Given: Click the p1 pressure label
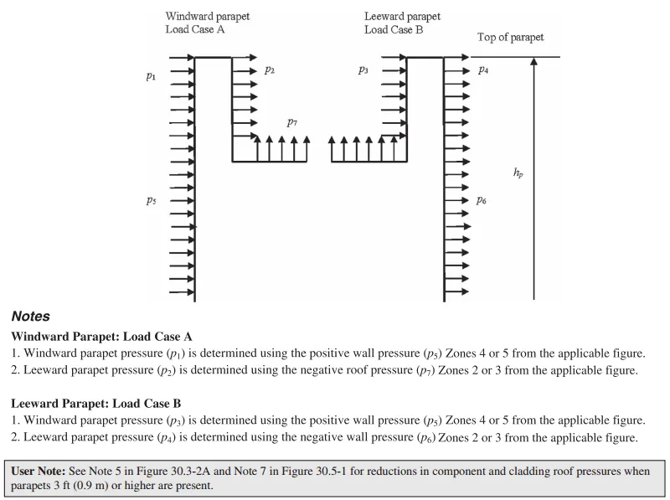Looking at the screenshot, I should click(151, 76).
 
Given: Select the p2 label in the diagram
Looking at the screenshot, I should click(270, 71).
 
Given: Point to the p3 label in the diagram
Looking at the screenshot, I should click(363, 71).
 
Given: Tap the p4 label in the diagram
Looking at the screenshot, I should click(483, 71).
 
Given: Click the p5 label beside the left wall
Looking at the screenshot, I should click(151, 201).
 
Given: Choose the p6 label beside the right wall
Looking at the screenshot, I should click(482, 200).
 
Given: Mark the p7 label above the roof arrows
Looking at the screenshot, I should click(292, 122).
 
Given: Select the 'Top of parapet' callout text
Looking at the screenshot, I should click(510, 38).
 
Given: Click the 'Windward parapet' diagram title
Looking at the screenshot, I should click(207, 16).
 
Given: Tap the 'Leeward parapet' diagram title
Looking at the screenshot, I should click(402, 16).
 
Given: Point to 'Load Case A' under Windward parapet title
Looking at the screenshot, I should click(195, 29).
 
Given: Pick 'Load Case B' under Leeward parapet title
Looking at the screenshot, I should click(394, 29).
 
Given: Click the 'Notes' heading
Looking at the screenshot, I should click(31, 317).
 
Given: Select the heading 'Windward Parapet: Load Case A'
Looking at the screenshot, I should click(102, 337).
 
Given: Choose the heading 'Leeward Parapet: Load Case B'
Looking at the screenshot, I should click(96, 404).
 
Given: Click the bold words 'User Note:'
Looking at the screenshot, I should click(39, 472).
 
